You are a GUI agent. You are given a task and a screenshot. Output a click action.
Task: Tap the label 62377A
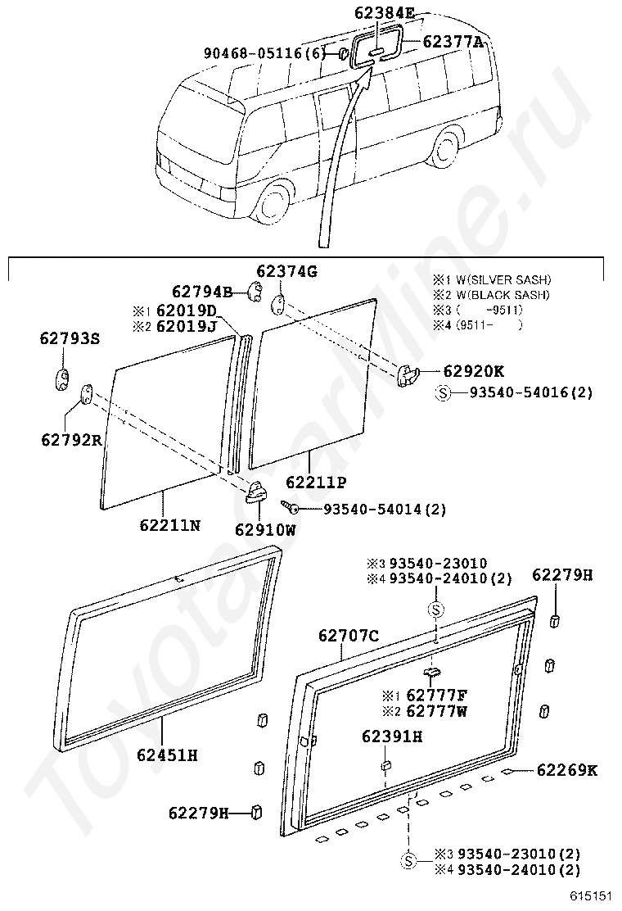453,41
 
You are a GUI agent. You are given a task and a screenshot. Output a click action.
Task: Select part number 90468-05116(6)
265,53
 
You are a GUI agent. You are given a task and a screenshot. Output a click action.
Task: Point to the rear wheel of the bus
448,148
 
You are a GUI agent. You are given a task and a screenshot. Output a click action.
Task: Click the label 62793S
70,338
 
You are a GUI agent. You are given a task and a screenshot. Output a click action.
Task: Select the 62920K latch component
408,374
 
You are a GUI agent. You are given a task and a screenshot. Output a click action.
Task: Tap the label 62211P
316,482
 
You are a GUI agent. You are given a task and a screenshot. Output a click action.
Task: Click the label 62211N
169,524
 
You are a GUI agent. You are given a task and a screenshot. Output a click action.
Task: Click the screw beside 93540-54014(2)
289,506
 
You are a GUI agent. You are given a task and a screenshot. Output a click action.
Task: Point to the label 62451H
167,755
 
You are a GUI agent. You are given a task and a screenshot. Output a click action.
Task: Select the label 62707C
348,636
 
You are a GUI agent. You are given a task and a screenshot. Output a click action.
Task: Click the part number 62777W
436,711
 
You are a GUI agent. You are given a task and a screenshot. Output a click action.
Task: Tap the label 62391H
392,737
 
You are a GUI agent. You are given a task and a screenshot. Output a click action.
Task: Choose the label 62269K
567,770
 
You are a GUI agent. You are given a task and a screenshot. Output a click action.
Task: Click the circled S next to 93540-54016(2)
443,393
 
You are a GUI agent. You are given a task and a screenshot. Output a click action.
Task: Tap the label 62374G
286,271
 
